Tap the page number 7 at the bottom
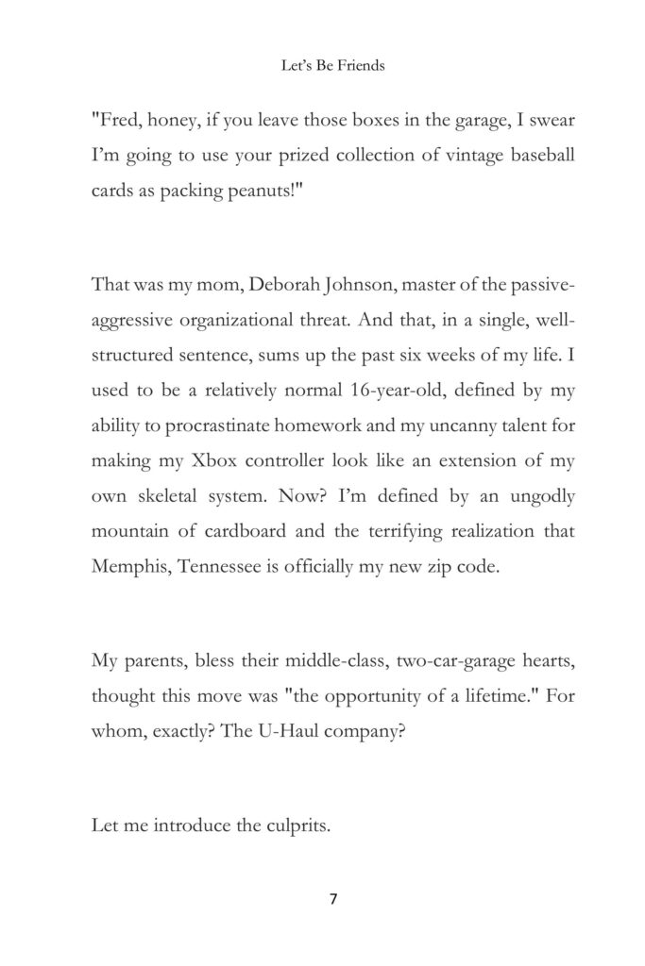332,898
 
